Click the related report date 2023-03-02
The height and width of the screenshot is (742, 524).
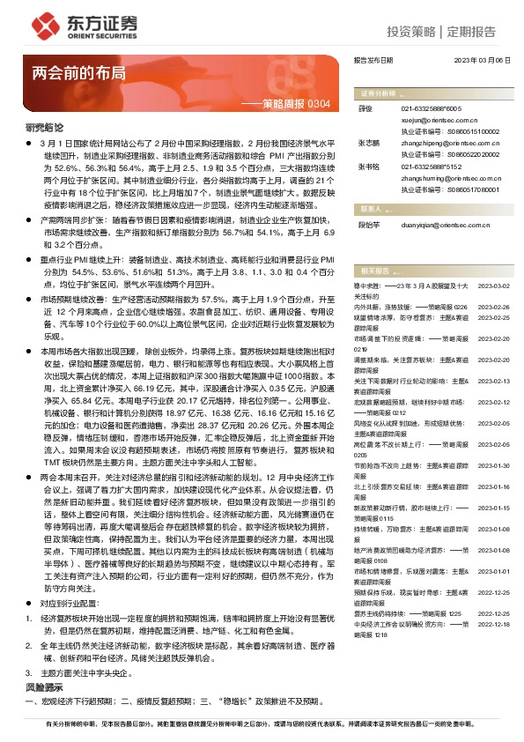pos(493,286)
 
